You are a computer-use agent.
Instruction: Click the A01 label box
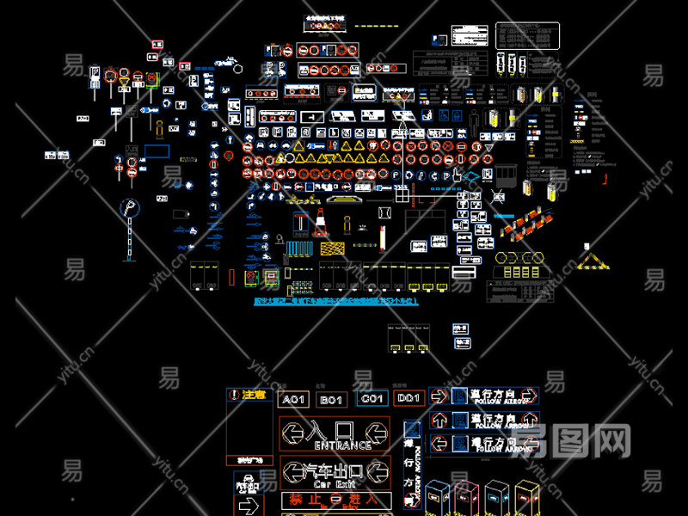(x=293, y=399)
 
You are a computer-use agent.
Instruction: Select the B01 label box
(x=332, y=399)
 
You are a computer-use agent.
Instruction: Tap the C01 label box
(x=372, y=399)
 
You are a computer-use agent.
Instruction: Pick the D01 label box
(x=409, y=398)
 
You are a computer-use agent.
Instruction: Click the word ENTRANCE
(x=342, y=445)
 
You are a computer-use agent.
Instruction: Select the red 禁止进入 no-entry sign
(x=335, y=500)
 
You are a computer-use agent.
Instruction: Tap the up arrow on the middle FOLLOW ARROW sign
(x=438, y=420)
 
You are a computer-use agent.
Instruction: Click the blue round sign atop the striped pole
(x=129, y=208)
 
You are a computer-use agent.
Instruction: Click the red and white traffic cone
(x=320, y=223)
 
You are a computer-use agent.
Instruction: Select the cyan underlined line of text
(x=335, y=302)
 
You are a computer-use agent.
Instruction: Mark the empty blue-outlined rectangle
(x=156, y=151)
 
